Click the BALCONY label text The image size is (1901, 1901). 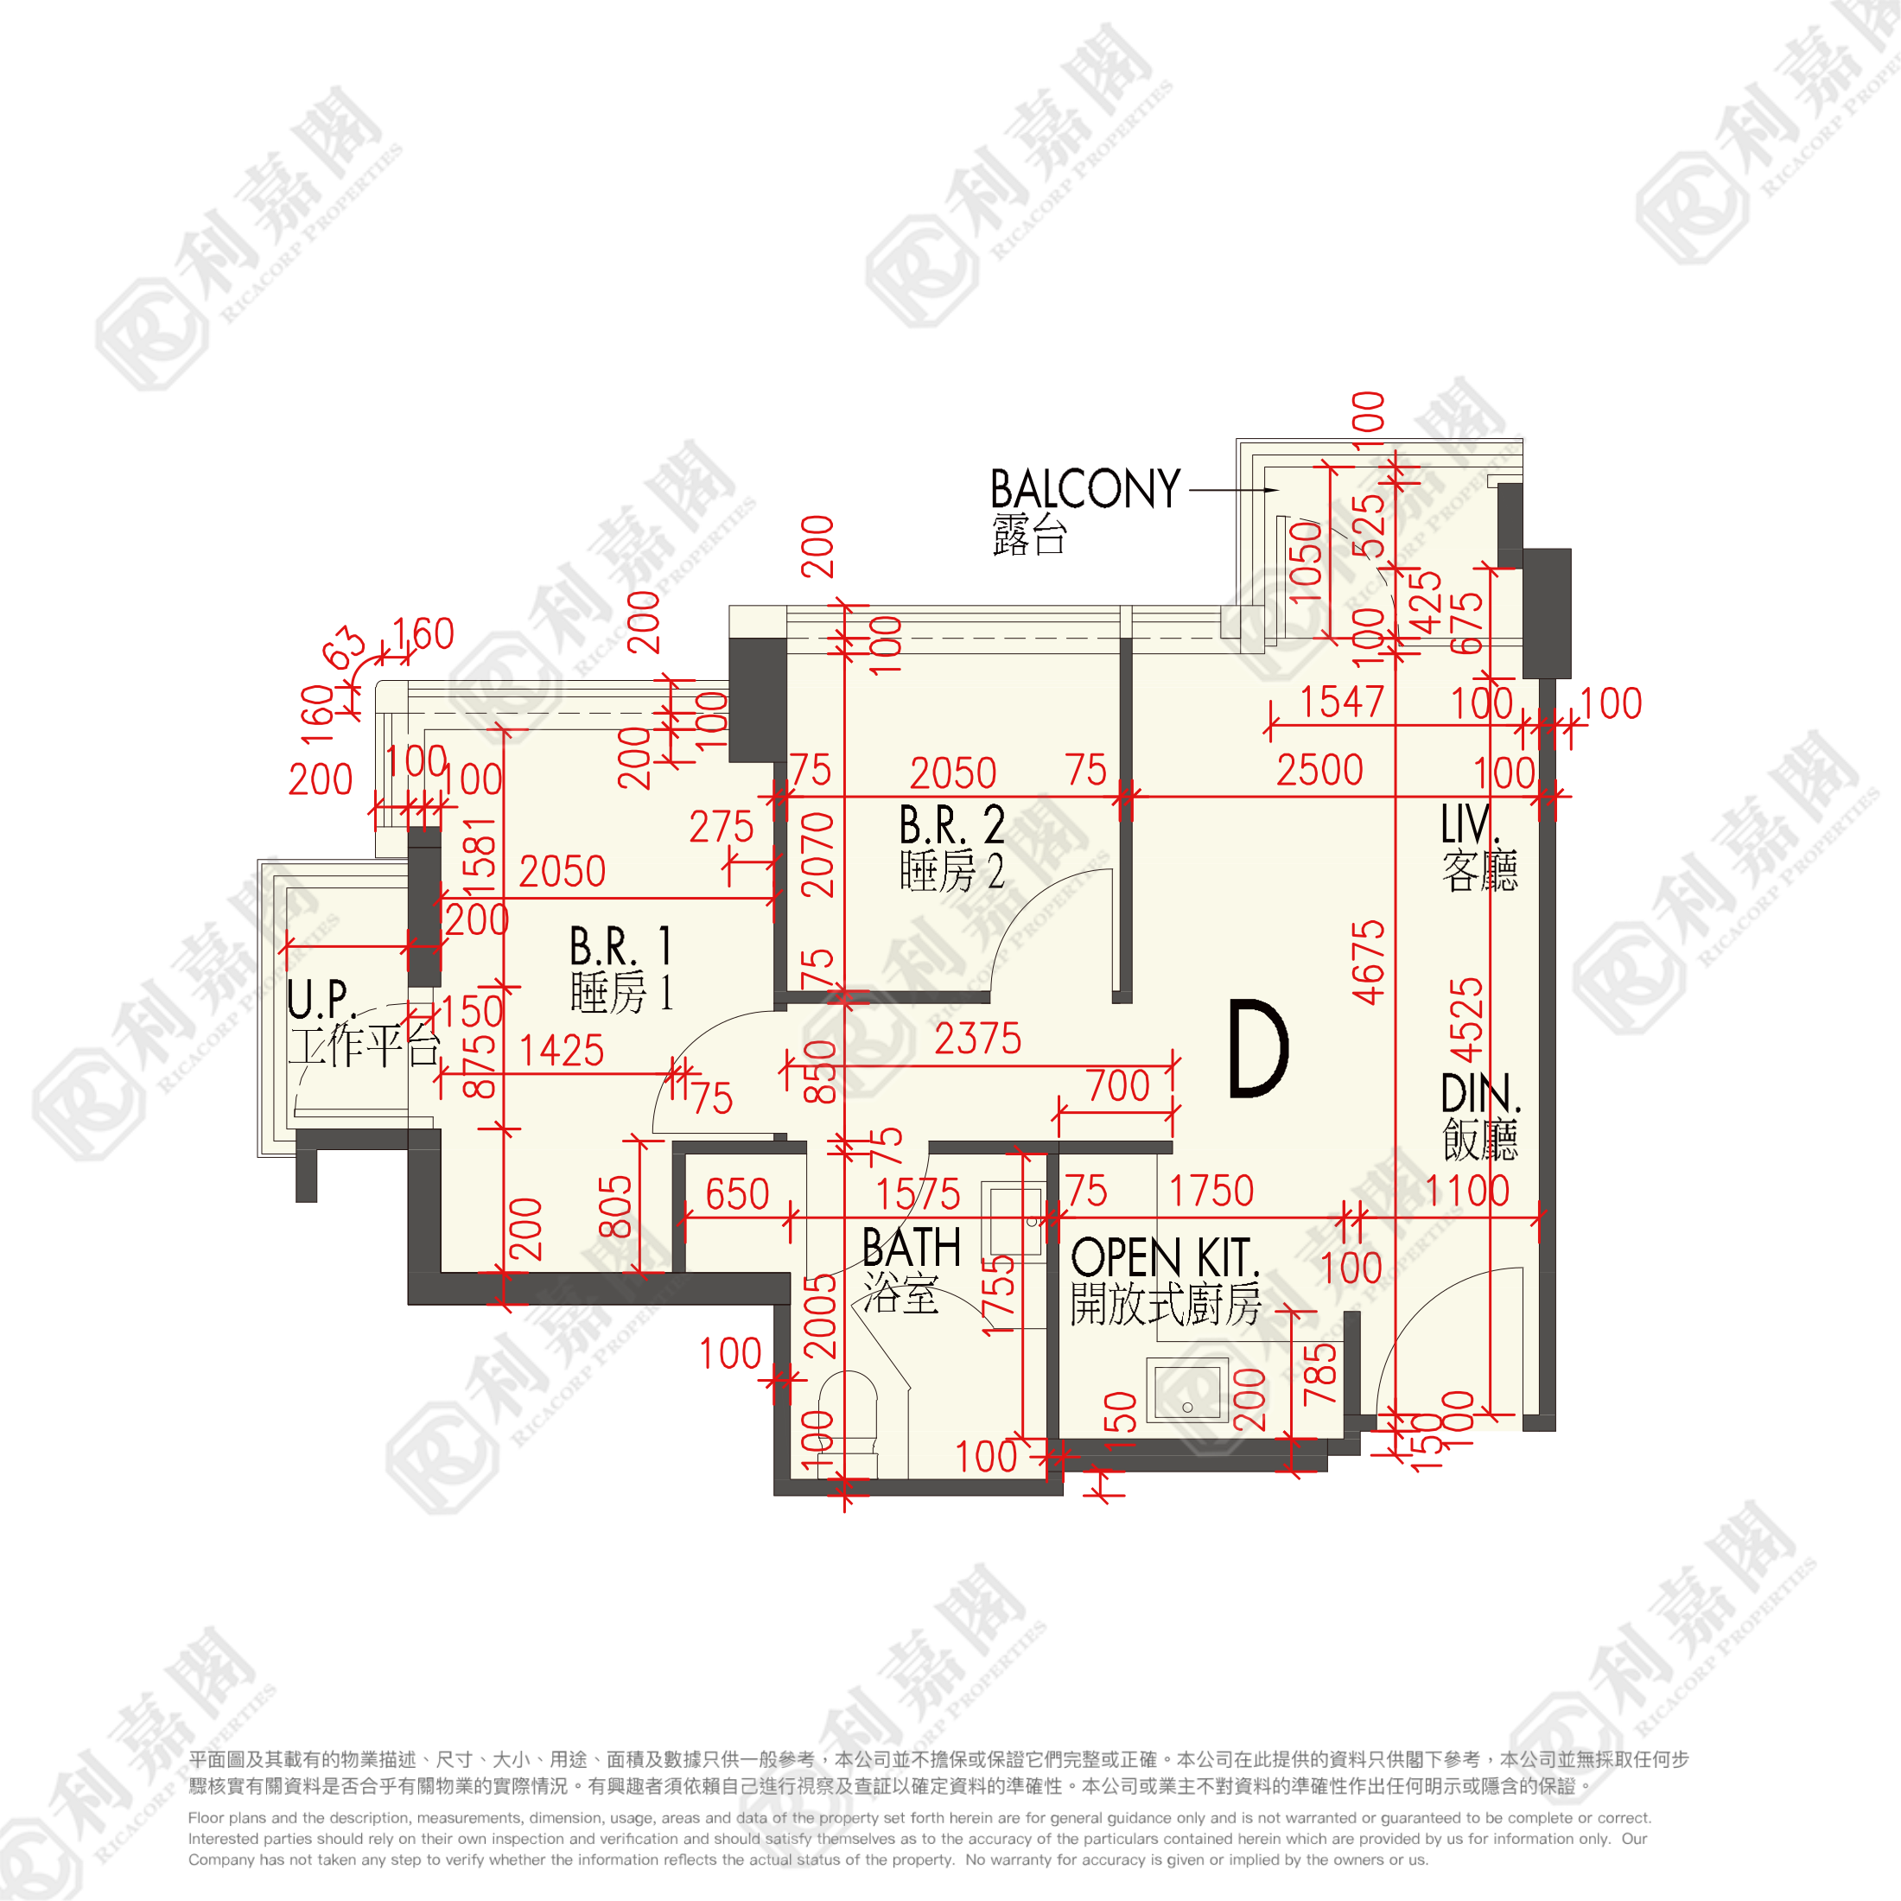point(1084,489)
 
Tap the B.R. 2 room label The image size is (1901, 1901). point(951,825)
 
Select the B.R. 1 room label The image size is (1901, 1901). point(621,946)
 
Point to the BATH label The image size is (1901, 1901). point(911,1249)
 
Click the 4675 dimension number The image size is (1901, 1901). point(1369,963)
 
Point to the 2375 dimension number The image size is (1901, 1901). point(978,1039)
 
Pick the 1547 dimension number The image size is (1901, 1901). point(1342,703)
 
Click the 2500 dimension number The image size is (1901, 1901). point(1319,771)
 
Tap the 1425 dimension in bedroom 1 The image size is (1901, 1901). point(561,1051)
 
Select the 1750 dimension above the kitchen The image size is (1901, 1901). point(1211,1192)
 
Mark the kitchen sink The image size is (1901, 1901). point(1187,1389)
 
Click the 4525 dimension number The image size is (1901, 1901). point(1466,1020)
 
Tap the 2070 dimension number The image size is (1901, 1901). point(817,854)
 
